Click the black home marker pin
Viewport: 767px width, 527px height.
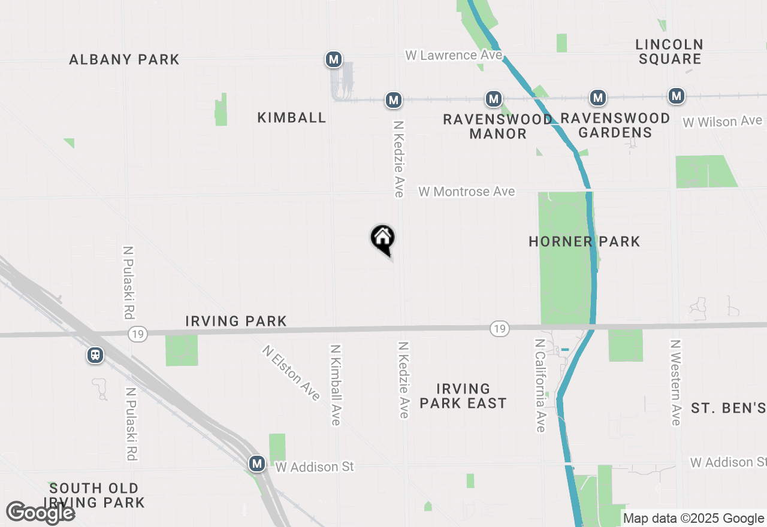tap(382, 238)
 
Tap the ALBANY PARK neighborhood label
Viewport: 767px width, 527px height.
tap(124, 59)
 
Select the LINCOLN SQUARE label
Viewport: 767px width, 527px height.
tap(669, 52)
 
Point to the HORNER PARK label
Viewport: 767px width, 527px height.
tap(584, 241)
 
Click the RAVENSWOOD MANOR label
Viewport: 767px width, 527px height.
tap(498, 126)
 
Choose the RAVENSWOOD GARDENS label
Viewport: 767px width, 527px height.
tap(615, 125)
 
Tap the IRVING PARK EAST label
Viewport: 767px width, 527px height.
tap(463, 396)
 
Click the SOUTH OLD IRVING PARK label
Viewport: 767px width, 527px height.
tap(95, 495)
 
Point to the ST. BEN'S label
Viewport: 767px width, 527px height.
tap(728, 408)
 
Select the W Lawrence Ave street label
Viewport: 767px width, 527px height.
tap(454, 55)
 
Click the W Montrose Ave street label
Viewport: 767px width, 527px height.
tap(467, 192)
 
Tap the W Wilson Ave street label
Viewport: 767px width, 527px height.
tap(723, 122)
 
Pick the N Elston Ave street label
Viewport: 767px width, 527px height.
tap(291, 372)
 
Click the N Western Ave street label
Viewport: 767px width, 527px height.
tap(676, 383)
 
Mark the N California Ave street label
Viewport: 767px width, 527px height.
tap(540, 385)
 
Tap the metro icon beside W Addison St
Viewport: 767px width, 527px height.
tap(257, 464)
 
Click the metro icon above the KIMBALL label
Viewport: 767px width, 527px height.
tap(334, 59)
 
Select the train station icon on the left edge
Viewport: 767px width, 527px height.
tap(95, 355)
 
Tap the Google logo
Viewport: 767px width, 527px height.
tap(41, 513)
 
